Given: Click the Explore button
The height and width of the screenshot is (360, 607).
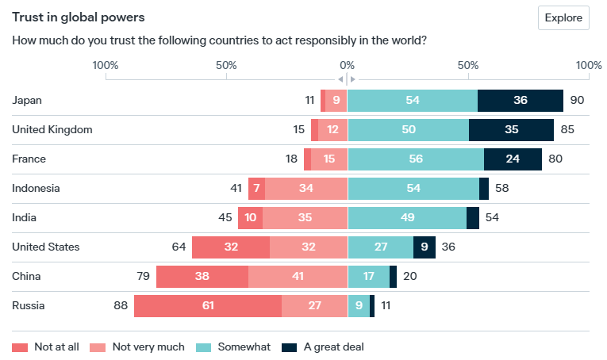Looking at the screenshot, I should coord(563,17).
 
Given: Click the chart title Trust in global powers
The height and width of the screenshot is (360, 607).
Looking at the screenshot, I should coord(72,16).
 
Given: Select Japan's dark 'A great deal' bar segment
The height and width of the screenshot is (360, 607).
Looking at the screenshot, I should coord(521,101).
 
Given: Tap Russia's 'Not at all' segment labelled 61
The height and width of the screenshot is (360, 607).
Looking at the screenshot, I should coord(207,306).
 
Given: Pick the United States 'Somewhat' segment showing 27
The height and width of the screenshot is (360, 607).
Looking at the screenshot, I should coord(381,247).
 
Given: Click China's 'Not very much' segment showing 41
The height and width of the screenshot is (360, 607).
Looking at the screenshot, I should coord(298,277).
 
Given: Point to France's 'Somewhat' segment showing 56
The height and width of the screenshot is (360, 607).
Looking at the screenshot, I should coord(416,159).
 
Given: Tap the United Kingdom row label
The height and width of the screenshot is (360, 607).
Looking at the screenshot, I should coord(52,129).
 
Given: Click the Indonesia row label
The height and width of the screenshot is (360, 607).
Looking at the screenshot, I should coord(36,188).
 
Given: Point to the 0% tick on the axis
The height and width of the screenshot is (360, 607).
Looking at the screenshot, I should coord(347,64).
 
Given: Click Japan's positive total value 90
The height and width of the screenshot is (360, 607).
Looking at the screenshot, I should coord(577,101).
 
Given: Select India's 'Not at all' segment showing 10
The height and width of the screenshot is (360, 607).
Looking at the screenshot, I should coord(251,218).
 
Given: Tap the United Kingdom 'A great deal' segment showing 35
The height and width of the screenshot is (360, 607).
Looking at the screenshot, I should coord(511,130).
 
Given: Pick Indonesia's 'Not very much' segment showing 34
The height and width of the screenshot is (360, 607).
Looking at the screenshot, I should coord(305,189).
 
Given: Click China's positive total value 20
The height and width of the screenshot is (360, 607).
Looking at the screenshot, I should coord(410,277).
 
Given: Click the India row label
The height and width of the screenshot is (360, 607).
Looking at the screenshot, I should coord(25,217).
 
